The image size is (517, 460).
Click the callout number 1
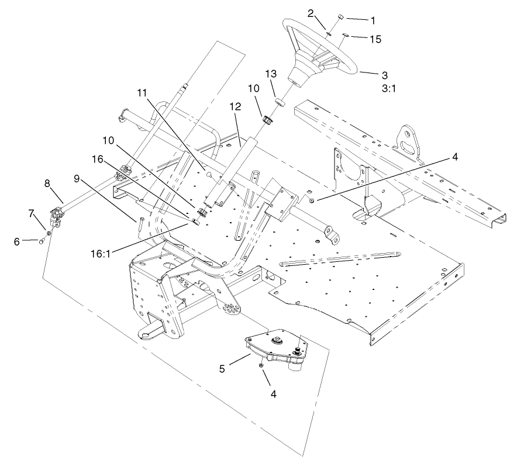tap(373, 19)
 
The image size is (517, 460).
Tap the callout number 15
tap(375, 39)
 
